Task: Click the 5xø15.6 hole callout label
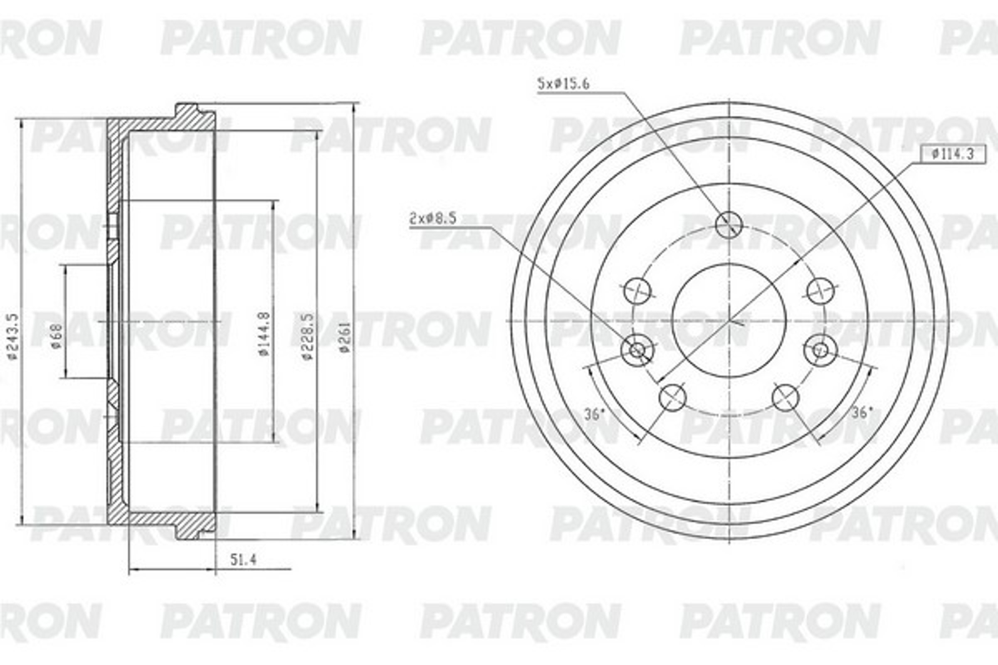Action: (563, 84)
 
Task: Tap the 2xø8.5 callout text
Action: (432, 219)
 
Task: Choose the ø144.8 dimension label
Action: (264, 334)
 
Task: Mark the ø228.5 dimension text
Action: (308, 336)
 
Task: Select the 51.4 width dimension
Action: (243, 560)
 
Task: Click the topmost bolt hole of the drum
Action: (729, 224)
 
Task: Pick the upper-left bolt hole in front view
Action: (638, 291)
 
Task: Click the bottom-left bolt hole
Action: (672, 397)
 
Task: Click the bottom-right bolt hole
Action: (786, 397)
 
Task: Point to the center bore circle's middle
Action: (729, 320)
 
